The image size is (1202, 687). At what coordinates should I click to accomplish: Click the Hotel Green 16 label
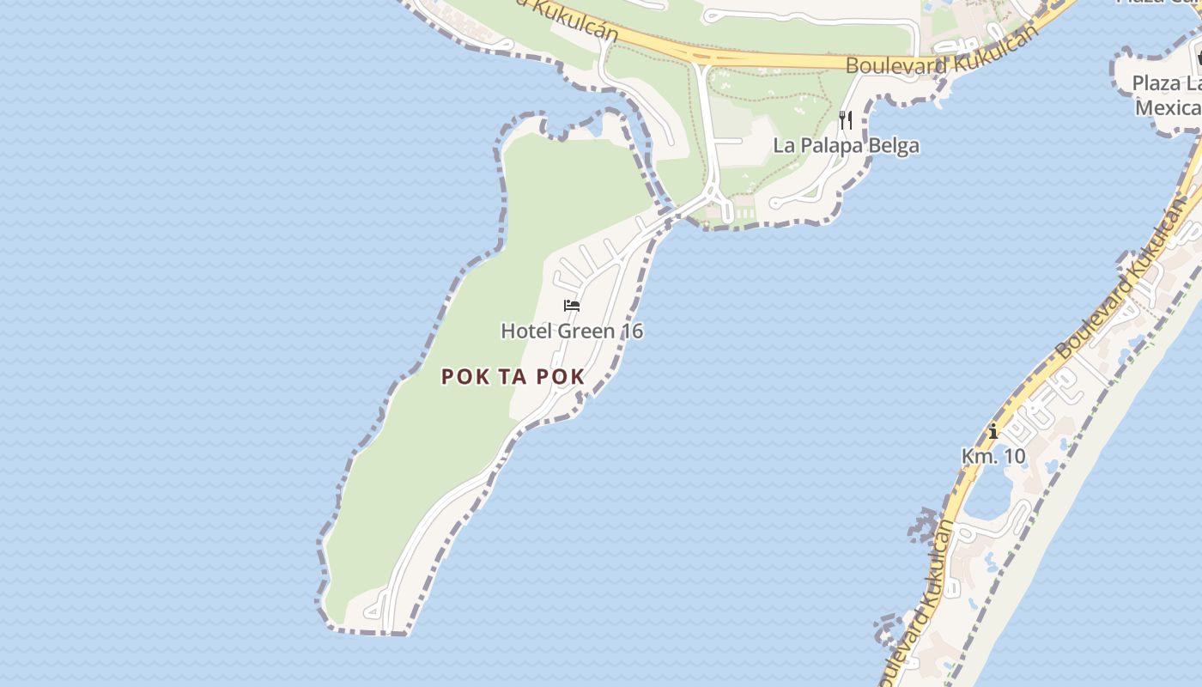(572, 331)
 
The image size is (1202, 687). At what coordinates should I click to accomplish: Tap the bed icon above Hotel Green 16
(572, 306)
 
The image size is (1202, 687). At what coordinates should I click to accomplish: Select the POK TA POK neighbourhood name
(513, 376)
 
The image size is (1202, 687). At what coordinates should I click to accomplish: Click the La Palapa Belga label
(846, 145)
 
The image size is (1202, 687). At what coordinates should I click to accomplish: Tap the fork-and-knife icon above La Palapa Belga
(846, 120)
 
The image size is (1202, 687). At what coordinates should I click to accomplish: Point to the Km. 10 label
(993, 456)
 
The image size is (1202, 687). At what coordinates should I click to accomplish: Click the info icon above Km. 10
(993, 431)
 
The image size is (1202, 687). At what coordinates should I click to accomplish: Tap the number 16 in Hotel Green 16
(634, 331)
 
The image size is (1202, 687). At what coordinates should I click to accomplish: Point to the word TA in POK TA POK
(513, 376)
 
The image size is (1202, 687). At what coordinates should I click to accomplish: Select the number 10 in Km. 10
(1014, 456)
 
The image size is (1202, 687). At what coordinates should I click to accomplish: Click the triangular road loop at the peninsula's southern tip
(374, 611)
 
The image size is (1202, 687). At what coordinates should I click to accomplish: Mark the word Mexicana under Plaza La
(1169, 108)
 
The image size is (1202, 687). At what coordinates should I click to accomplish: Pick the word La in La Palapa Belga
(783, 145)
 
